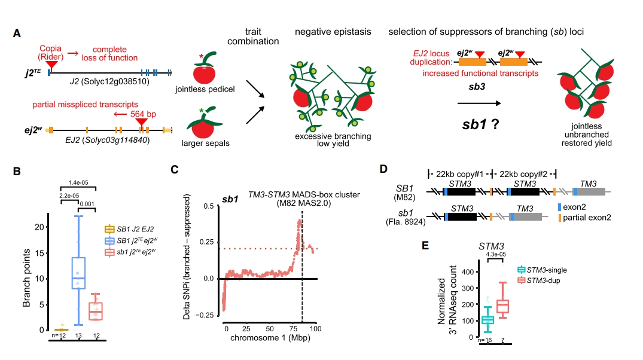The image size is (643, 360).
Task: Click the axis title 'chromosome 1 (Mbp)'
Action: tap(266, 338)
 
